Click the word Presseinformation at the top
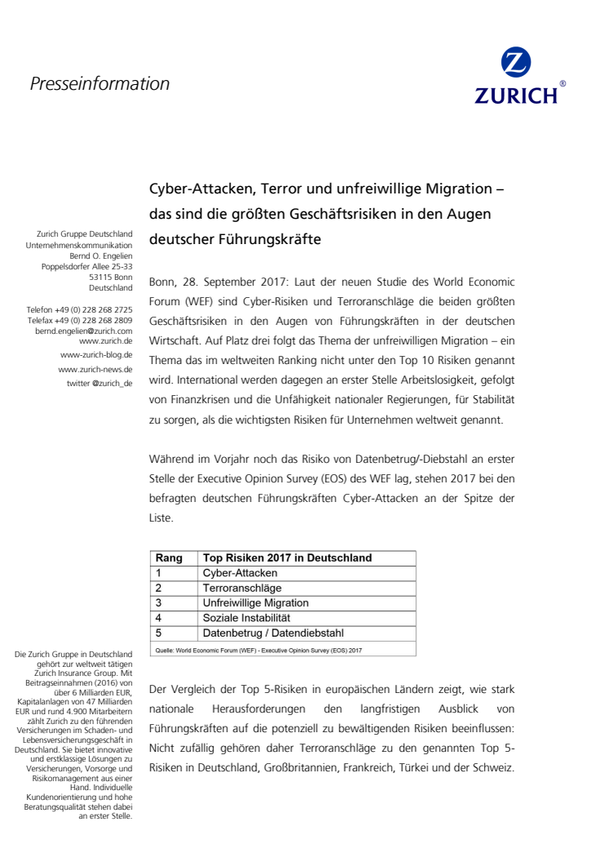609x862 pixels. [100, 83]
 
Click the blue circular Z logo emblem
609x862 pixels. [516, 63]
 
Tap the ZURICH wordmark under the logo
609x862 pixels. [516, 95]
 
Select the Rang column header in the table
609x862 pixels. [169, 558]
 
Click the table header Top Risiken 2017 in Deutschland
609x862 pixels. [287, 558]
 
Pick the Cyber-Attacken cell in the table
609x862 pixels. [240, 573]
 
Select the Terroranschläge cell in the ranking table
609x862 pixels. [242, 588]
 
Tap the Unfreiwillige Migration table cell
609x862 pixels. [256, 603]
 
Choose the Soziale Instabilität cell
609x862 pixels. [247, 618]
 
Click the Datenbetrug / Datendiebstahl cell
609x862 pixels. [273, 633]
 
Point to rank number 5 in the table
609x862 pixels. [158, 633]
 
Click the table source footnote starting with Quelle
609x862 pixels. [257, 651]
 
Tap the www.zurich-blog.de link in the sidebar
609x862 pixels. [96, 355]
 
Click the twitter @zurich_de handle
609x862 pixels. [100, 383]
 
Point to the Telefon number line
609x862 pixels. [79, 310]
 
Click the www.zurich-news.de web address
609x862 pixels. [96, 369]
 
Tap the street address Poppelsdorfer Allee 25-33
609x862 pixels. [87, 266]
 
